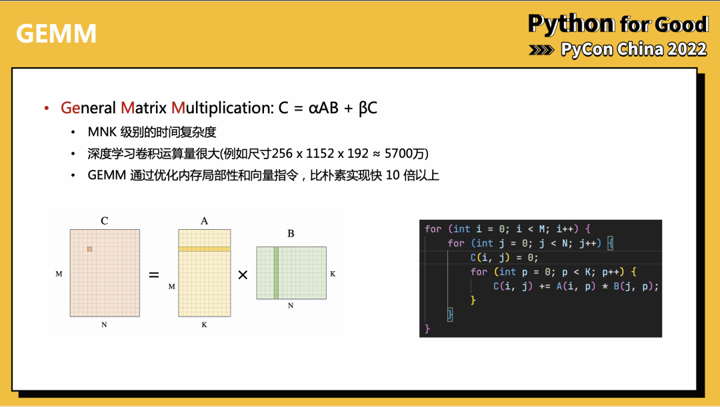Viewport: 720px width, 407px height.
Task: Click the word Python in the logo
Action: [571, 25]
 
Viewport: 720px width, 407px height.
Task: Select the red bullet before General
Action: [47, 108]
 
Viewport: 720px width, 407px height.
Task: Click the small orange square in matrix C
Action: [89, 249]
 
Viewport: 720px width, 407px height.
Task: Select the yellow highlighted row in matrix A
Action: [204, 249]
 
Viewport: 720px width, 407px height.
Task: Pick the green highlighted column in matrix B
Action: [276, 272]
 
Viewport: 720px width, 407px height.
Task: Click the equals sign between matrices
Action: [154, 274]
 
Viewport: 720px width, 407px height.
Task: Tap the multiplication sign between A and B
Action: [243, 274]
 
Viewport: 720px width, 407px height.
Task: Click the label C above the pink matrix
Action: [105, 221]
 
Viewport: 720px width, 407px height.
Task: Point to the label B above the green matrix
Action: [291, 234]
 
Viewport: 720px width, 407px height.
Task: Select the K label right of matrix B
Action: [333, 274]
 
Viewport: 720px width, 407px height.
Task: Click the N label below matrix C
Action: [104, 324]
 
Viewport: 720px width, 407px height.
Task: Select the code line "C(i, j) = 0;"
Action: [504, 258]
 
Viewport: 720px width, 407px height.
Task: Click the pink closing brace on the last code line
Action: [427, 328]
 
